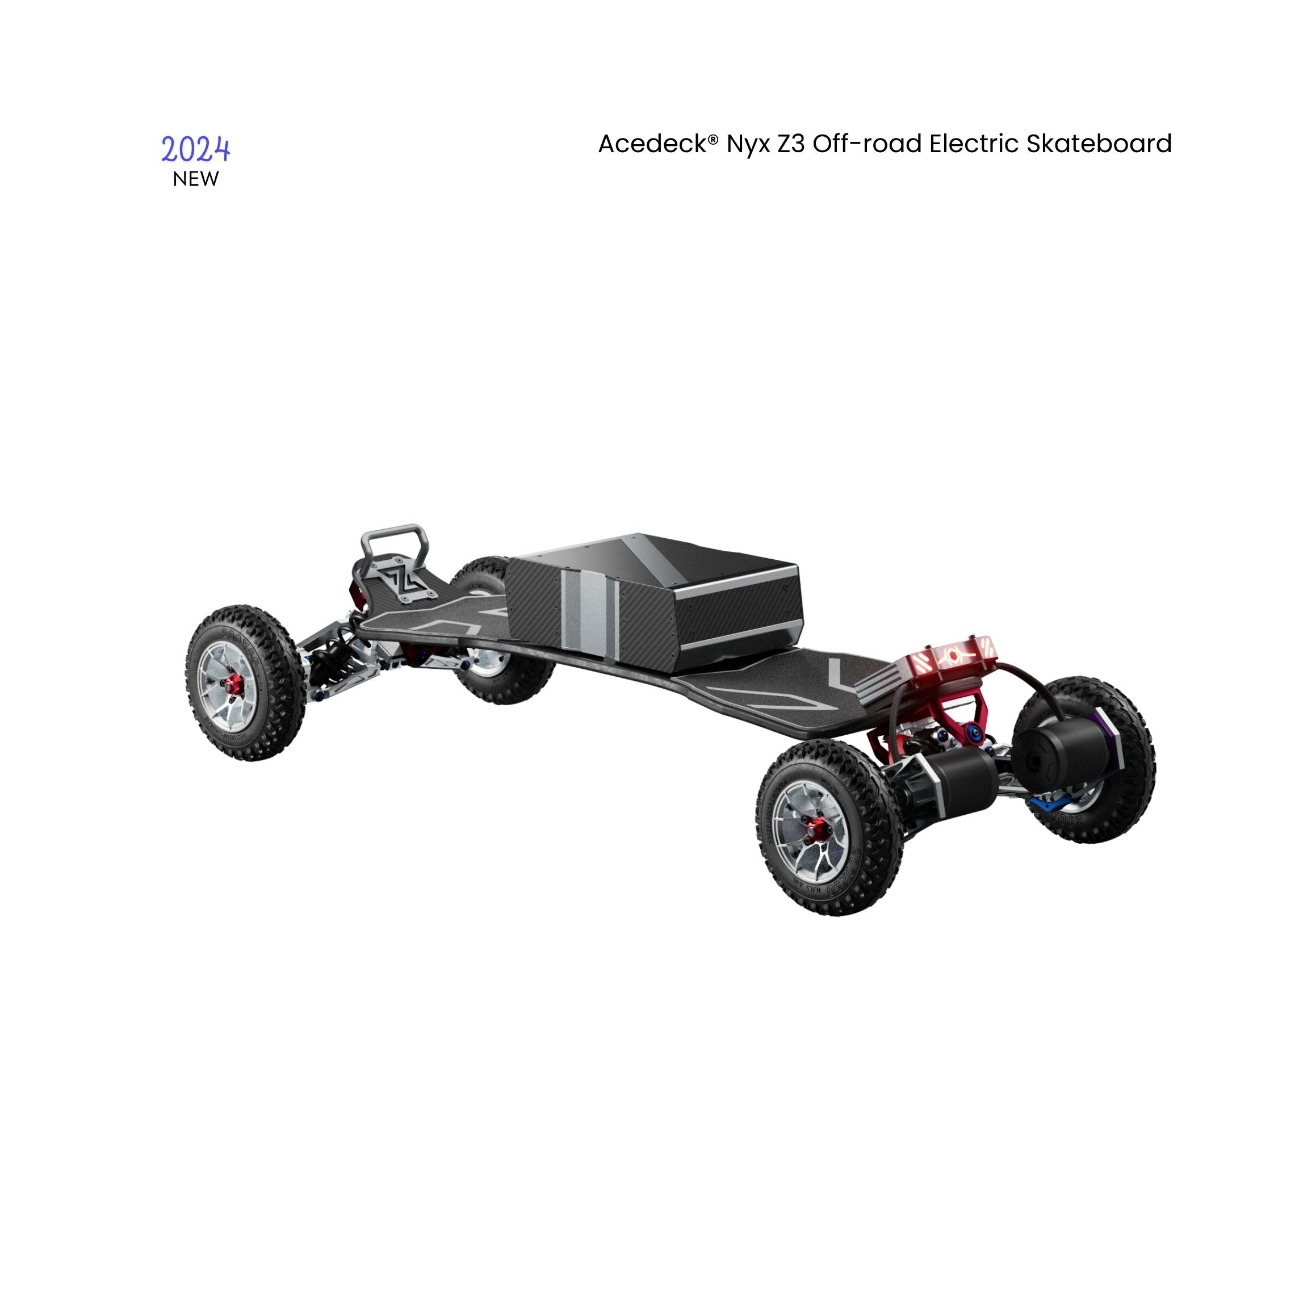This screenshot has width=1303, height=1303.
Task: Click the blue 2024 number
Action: (x=195, y=149)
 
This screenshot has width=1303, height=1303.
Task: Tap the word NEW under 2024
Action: (x=195, y=179)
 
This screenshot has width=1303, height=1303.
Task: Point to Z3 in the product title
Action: (x=790, y=144)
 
